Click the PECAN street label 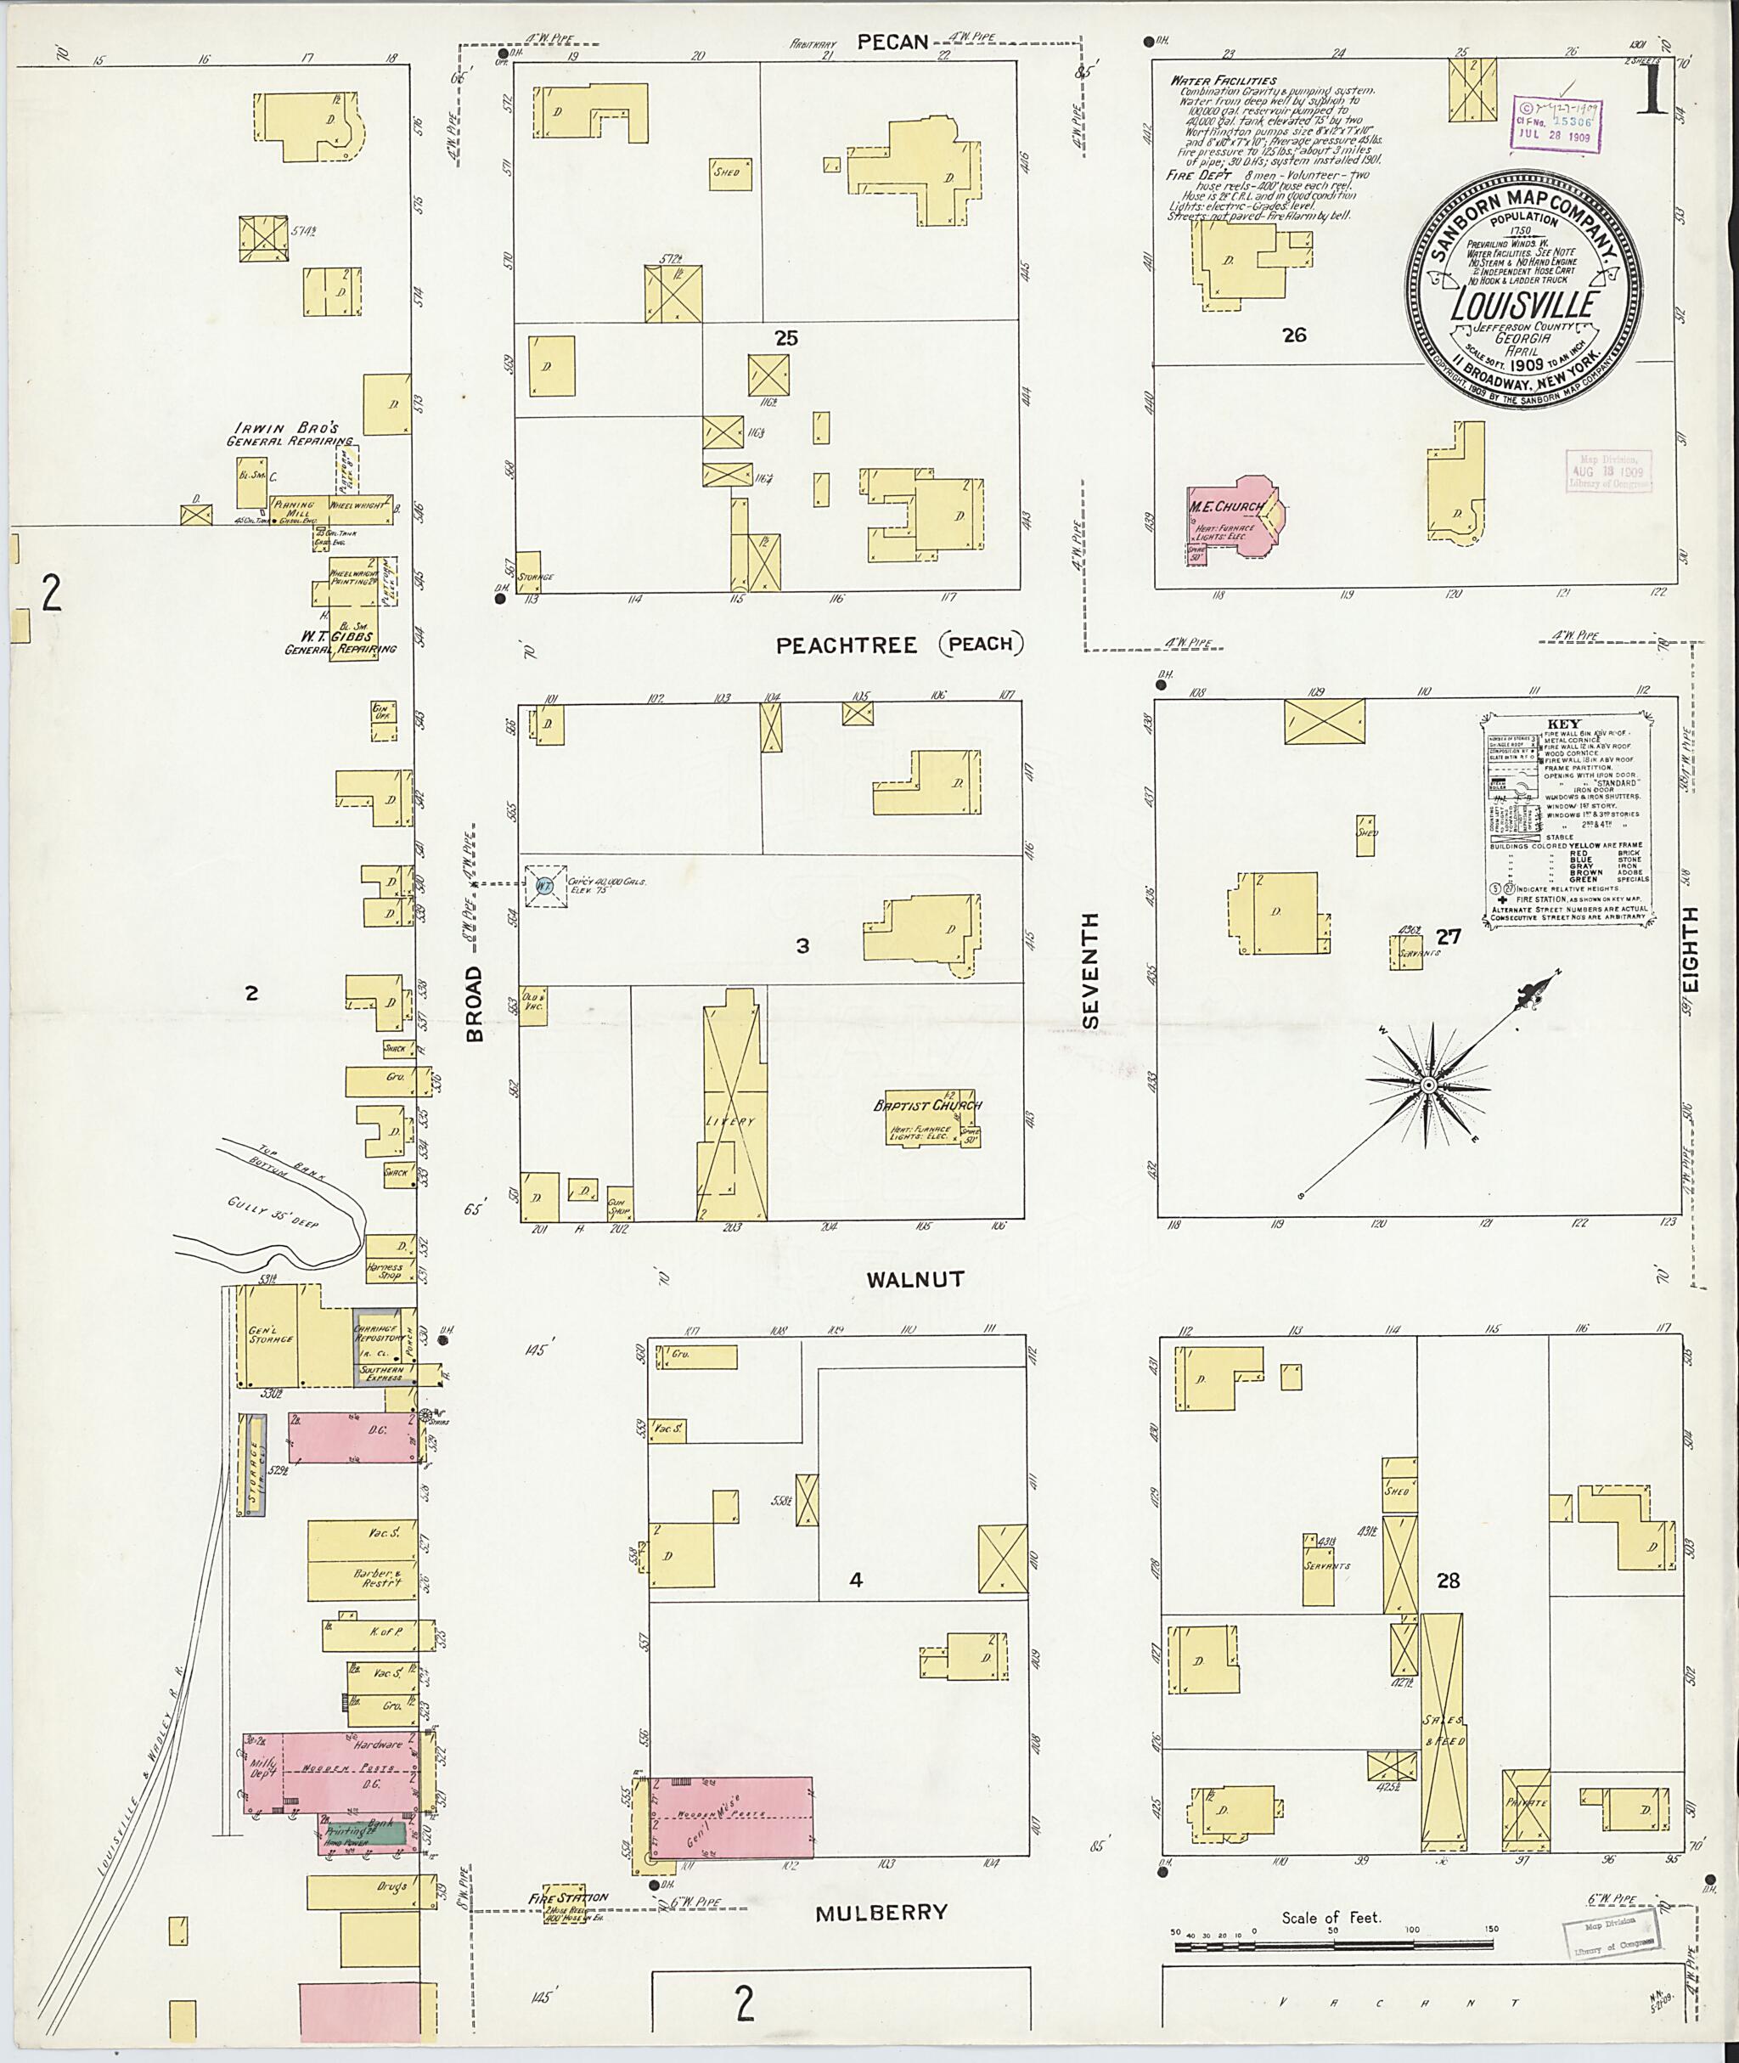point(892,41)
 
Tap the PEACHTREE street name point(846,646)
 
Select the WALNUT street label point(915,1279)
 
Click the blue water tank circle point(544,887)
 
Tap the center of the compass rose point(1427,1085)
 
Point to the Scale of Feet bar point(1331,1949)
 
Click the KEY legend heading point(1562,723)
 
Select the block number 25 point(785,337)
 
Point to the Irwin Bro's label point(286,428)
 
